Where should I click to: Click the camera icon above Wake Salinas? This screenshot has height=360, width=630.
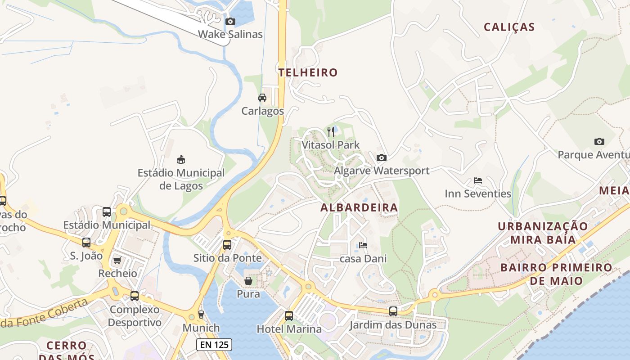[x=230, y=21]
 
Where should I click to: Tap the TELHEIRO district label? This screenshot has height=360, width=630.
[x=308, y=72]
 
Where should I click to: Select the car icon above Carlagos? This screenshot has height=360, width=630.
[x=262, y=98]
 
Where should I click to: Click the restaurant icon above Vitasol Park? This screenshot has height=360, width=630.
[x=331, y=132]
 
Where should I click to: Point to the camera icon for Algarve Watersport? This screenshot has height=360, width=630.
[x=381, y=157]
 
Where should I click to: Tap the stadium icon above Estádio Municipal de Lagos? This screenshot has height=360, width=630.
[x=181, y=159]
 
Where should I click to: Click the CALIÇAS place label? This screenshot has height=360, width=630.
[x=509, y=27]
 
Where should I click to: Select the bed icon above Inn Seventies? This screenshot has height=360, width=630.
[x=478, y=180]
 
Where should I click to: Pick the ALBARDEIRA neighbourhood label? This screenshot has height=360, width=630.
[x=359, y=207]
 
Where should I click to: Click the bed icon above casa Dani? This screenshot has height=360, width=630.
[x=363, y=245]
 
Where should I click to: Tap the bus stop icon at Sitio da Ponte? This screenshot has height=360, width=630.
[x=227, y=245]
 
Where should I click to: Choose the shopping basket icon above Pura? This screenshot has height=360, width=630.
[x=248, y=281]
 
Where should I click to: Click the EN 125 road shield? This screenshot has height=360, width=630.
[x=214, y=345]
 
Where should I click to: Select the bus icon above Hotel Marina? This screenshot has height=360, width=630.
[x=289, y=315]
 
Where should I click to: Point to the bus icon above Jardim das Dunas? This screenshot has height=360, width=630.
[x=393, y=311]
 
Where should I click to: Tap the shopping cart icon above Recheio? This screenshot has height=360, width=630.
[x=117, y=260]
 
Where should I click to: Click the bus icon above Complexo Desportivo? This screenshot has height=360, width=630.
[x=135, y=296]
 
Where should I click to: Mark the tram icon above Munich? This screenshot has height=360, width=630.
[x=201, y=314]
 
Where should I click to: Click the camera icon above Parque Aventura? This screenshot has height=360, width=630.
[x=599, y=141]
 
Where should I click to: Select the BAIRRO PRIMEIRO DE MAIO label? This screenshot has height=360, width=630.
[x=556, y=274]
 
